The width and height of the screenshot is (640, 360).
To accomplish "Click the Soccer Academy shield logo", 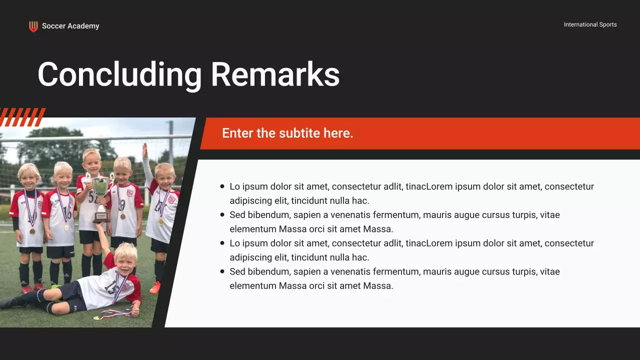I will [x=33, y=26].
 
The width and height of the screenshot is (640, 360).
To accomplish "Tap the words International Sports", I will [x=590, y=24].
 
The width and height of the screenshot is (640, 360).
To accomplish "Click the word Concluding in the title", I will [x=119, y=75].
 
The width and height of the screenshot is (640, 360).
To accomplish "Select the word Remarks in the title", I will [x=275, y=75].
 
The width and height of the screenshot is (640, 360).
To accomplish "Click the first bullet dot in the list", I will [x=222, y=186].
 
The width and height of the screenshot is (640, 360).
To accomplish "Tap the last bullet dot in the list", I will [x=222, y=271].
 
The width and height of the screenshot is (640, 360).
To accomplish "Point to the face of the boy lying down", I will [x=125, y=255].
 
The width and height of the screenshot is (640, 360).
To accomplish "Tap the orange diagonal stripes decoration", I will [x=22, y=117].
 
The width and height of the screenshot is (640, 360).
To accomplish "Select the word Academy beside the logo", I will [x=83, y=26].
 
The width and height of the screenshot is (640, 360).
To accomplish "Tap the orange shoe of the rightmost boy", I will [x=155, y=287].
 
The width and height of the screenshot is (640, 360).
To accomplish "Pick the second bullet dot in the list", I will [x=222, y=215].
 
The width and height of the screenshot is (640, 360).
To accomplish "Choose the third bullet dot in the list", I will [x=222, y=243].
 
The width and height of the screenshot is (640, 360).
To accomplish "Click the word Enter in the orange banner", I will [x=237, y=133].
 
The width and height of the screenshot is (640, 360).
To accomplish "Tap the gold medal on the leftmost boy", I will [x=32, y=231].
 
